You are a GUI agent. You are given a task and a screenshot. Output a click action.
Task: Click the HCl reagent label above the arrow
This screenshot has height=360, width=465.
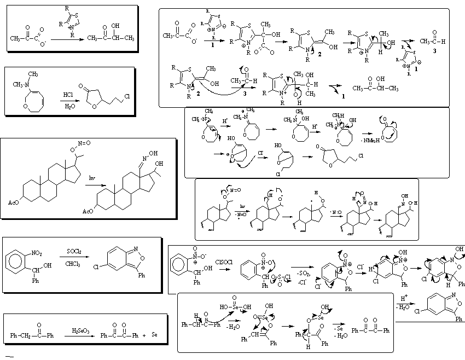[x=68, y=94]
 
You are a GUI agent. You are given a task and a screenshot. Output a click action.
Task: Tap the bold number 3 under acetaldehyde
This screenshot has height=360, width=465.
[x=432, y=50]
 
